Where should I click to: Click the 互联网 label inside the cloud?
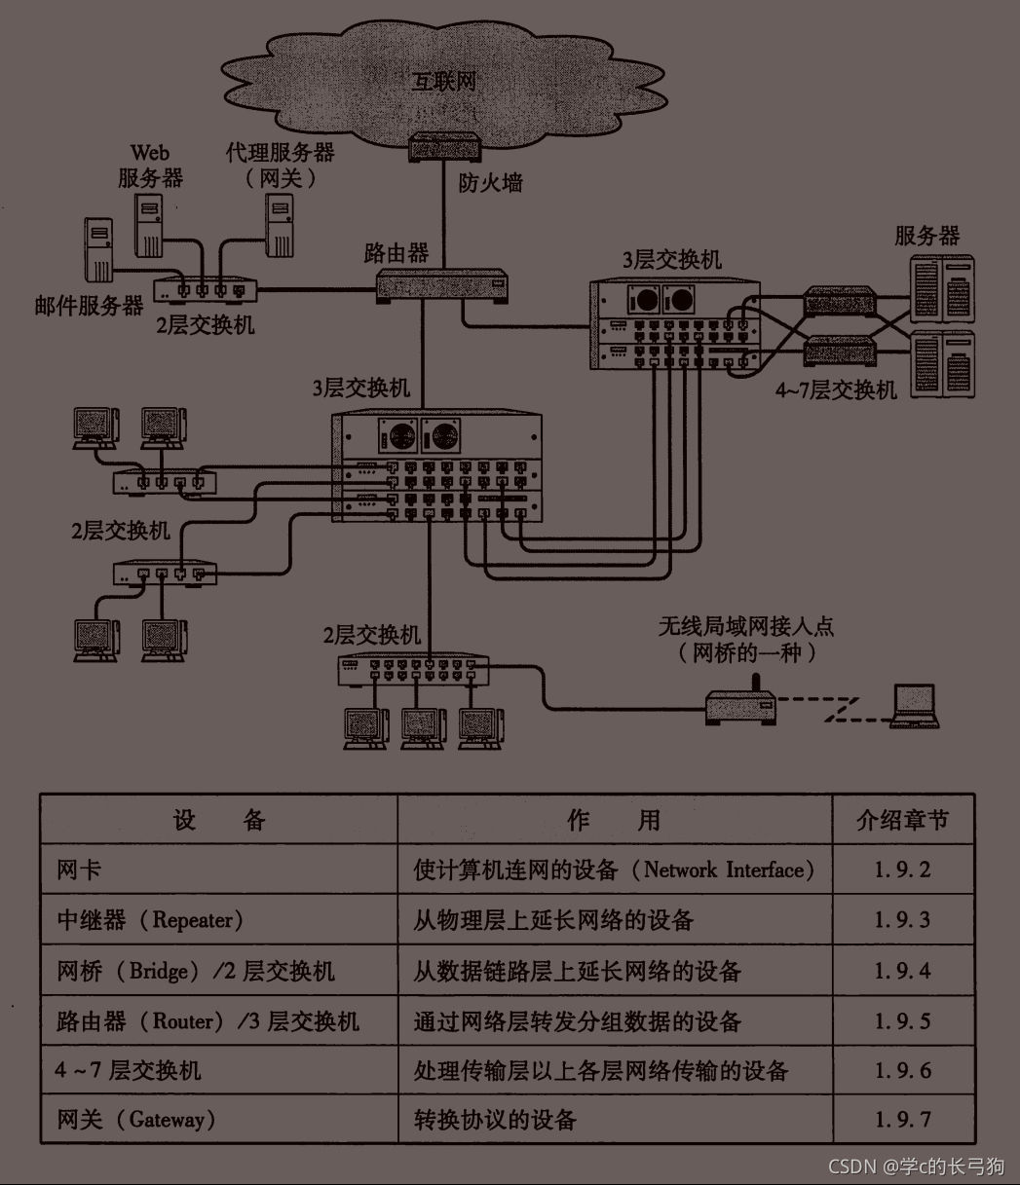pos(444,80)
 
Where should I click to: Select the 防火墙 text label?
pos(490,182)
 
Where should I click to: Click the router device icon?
pos(444,283)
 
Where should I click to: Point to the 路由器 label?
pos(396,253)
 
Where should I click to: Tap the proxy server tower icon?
pos(279,223)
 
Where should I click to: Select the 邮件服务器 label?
pos(89,306)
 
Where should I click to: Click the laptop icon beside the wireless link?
pos(915,706)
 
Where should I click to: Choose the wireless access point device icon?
pos(739,707)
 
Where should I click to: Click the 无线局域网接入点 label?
pos(746,626)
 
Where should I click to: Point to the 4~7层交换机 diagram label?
pos(835,390)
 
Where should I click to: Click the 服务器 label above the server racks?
pos(926,236)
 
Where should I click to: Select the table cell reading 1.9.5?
pos(902,1020)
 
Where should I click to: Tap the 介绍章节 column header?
pos(902,820)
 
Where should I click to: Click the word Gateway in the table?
pos(167,1119)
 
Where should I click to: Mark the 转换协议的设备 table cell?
pos(495,1119)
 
